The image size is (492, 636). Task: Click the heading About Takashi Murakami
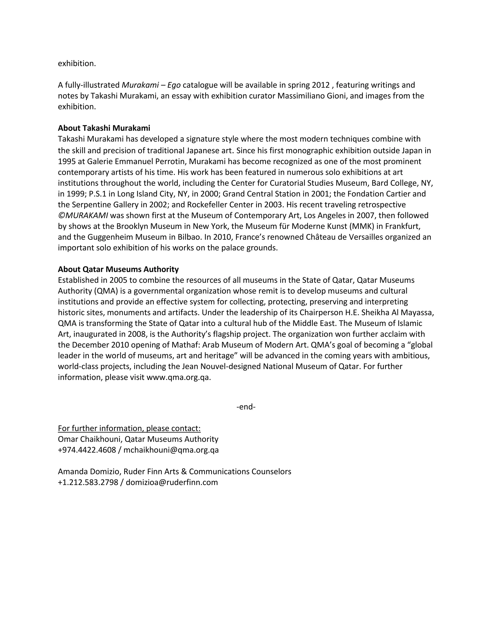tap(104, 128)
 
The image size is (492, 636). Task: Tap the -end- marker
tap(246, 407)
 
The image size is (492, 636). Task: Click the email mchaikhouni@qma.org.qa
tap(171, 450)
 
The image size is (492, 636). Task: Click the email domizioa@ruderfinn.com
tap(172, 482)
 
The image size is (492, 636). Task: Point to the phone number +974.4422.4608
tap(87, 450)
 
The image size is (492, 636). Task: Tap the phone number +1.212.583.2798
tap(88, 482)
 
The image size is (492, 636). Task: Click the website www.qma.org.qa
tap(178, 378)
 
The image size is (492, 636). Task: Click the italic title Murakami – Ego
tap(151, 85)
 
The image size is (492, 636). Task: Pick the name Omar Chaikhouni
tap(89, 439)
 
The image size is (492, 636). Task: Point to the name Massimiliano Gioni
tap(311, 96)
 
